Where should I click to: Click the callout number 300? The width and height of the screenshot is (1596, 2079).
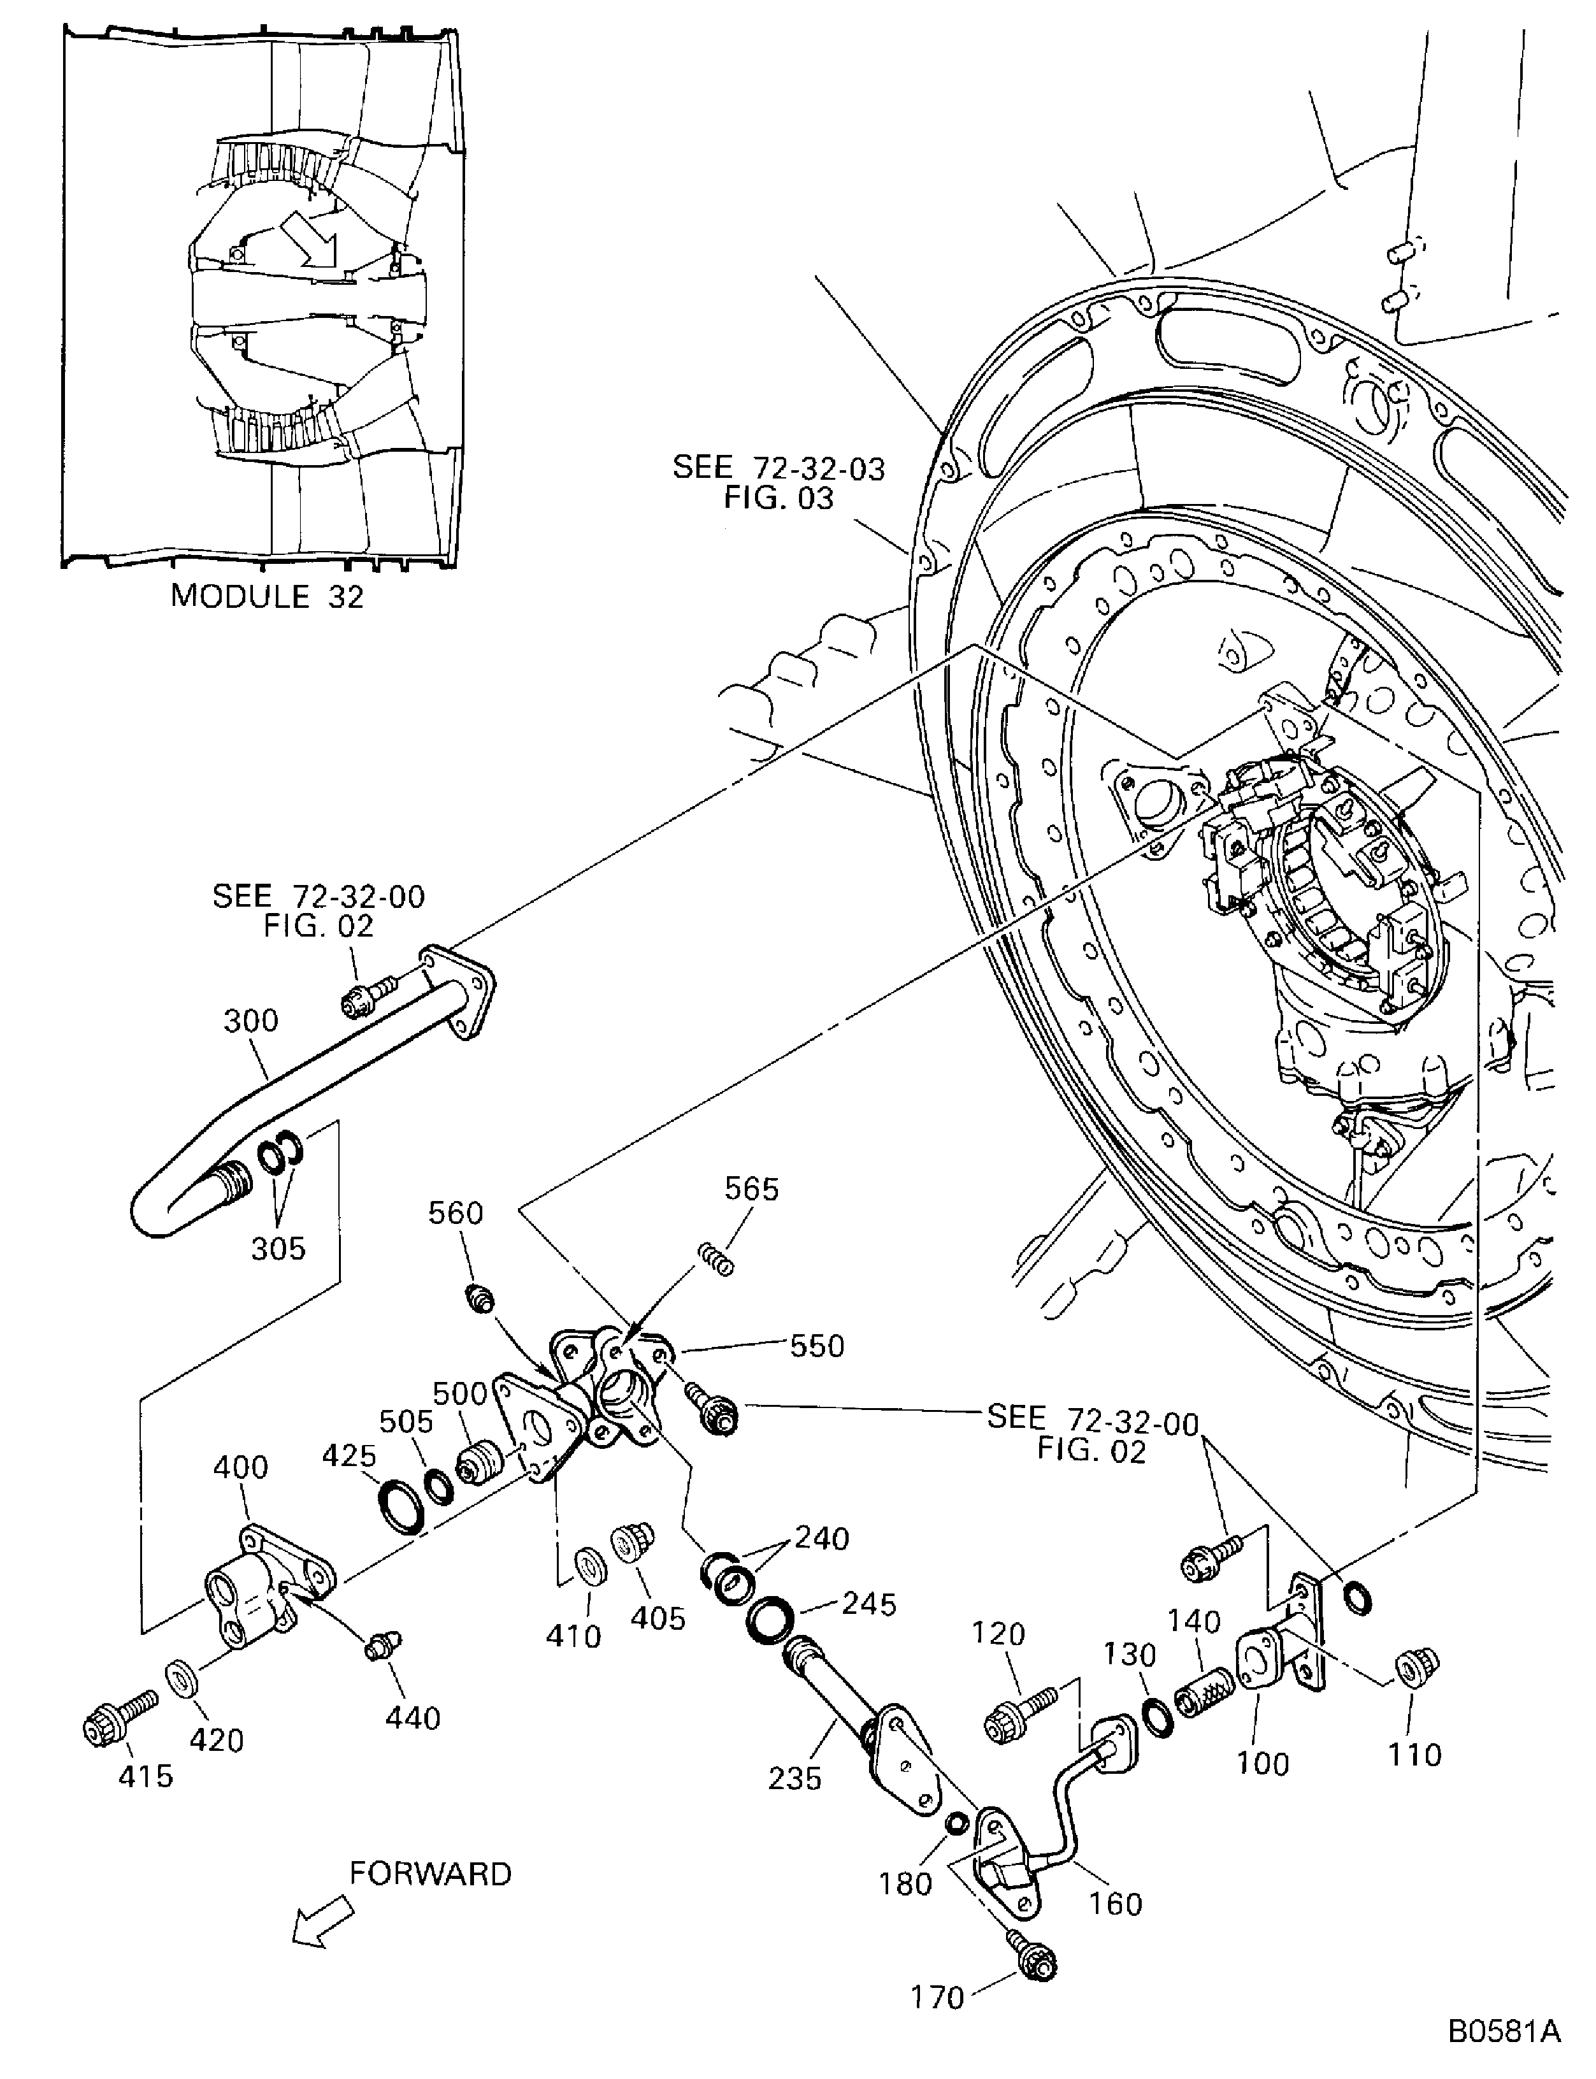[x=251, y=1021]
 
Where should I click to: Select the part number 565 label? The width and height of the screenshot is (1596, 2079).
[x=751, y=1189]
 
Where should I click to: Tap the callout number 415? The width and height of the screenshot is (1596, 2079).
[x=145, y=1775]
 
